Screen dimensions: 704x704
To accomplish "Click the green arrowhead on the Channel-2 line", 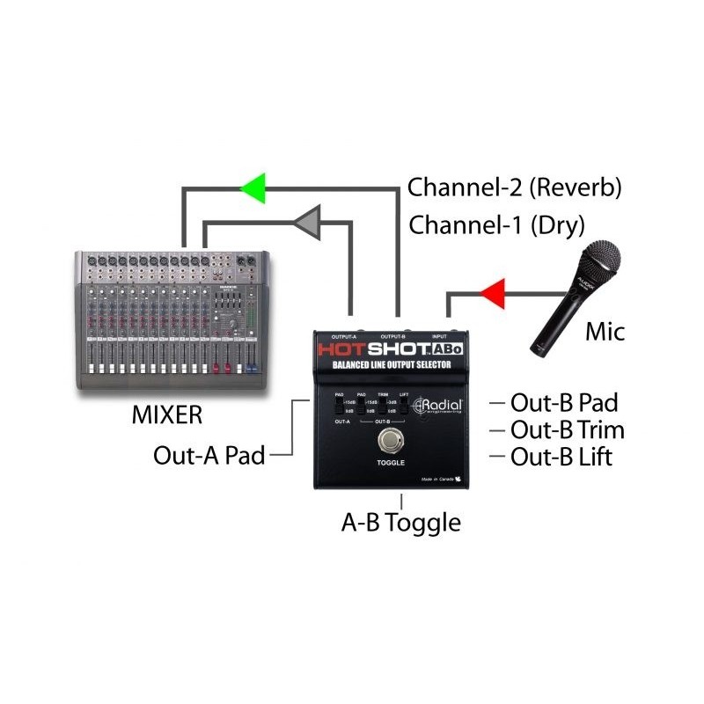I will click(x=253, y=187).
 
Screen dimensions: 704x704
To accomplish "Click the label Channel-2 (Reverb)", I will click(x=515, y=187).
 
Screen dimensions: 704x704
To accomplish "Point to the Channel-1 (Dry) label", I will click(x=496, y=224).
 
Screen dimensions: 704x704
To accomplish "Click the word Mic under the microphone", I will click(x=605, y=332).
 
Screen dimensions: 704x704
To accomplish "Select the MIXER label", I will click(x=166, y=413).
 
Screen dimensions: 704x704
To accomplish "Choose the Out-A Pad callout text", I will click(x=209, y=455).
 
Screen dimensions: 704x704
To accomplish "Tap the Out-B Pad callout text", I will click(x=564, y=403).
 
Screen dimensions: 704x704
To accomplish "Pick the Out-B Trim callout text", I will click(x=568, y=430).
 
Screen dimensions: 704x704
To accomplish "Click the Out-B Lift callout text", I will click(x=561, y=457).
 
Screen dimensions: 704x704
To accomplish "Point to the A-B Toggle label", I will click(x=400, y=523).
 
